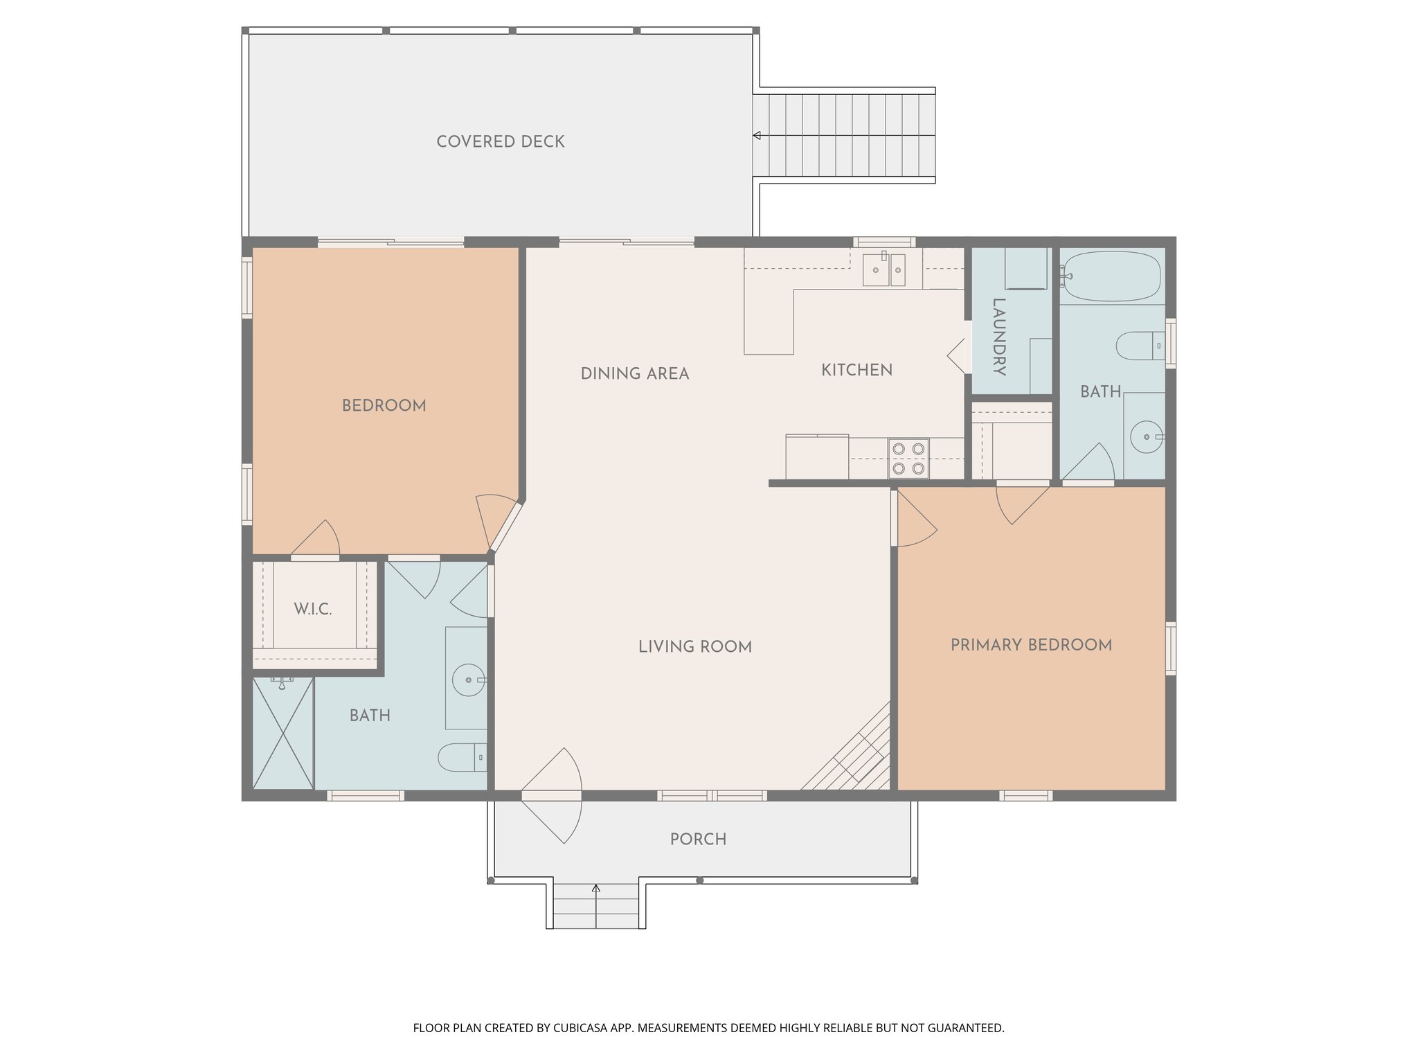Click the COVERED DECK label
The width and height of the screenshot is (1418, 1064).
pos(500,141)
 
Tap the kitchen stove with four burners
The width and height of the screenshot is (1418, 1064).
pos(908,459)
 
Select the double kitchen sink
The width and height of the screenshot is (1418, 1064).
pos(884,269)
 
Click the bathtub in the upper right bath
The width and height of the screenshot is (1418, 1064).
pos(1111,276)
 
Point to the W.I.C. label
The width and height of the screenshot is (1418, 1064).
pos(313,609)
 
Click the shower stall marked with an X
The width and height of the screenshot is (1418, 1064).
pos(283,733)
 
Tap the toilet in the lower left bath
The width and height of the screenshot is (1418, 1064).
pos(463,757)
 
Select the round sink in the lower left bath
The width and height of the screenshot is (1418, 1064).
pos(469,680)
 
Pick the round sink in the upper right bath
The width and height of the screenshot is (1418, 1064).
pos(1147,436)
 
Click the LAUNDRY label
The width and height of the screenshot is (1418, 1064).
pos(998,337)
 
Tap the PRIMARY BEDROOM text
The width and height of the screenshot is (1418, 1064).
pos(1031,645)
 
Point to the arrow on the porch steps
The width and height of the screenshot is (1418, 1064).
pos(596,906)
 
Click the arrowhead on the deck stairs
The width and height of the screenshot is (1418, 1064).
pos(757,136)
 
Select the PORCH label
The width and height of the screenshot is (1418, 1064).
pos(698,839)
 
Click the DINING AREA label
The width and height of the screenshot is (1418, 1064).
pos(635,373)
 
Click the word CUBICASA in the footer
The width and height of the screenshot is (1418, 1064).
pos(583,1028)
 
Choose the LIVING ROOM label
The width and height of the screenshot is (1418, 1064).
pos(695,646)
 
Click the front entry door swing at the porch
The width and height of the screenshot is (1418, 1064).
pos(552,795)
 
